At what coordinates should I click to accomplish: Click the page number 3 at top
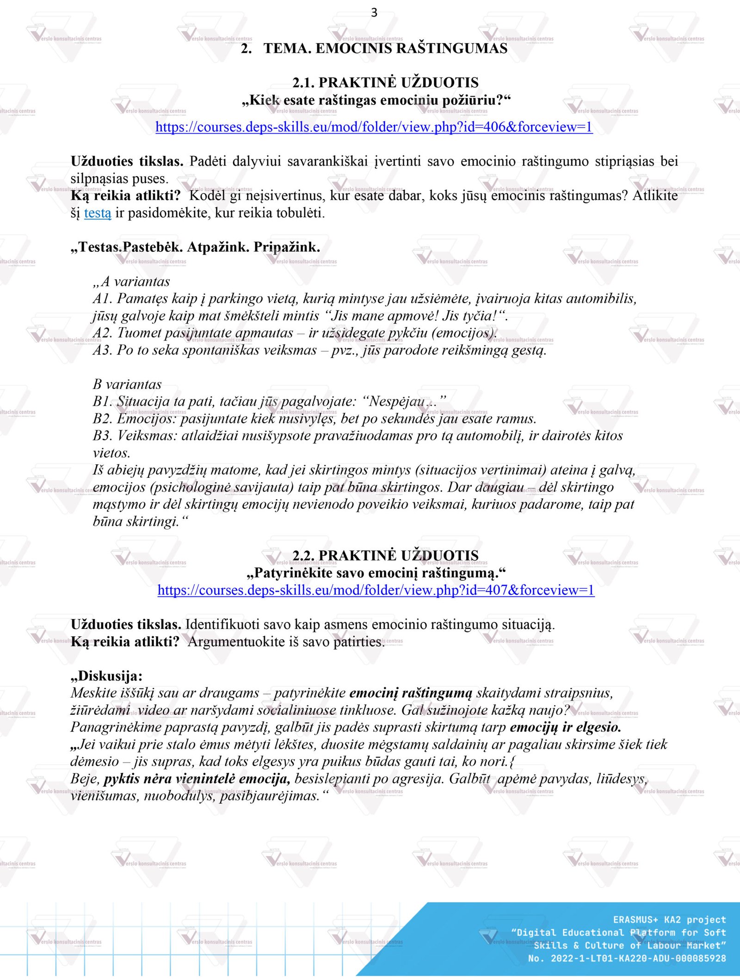point(374,12)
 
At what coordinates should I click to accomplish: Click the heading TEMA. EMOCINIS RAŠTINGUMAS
point(385,49)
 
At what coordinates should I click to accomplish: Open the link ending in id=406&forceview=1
point(374,127)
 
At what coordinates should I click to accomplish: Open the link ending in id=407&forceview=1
point(376,590)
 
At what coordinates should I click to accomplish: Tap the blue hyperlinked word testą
point(98,213)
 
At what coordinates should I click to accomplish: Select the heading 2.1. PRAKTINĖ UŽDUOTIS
point(385,83)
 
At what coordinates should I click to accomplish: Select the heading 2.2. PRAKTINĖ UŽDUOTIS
point(385,555)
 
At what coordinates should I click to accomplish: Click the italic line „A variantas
point(131,281)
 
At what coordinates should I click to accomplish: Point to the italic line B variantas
point(127,384)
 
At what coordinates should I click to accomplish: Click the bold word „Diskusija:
point(107,676)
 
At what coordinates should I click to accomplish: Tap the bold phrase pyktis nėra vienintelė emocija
point(197,779)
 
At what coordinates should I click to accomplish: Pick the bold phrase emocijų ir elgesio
point(565,727)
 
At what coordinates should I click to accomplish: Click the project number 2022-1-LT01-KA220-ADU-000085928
point(638,958)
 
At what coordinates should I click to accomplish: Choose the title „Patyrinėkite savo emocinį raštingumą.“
point(376,573)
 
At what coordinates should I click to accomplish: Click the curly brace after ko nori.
point(512,762)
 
